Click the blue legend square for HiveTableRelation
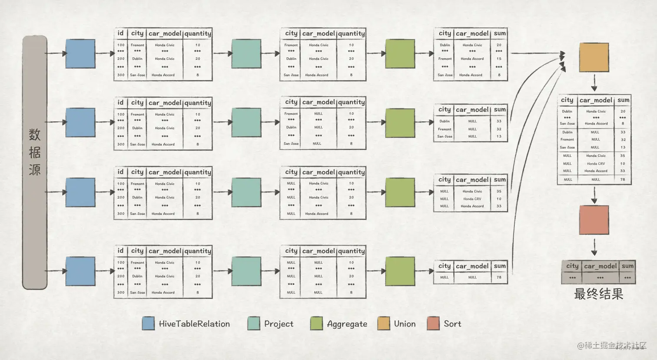(148, 324)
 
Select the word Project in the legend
(279, 324)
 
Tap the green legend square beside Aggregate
(316, 324)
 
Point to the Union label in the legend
(405, 324)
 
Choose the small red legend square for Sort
(433, 324)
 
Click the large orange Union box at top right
(594, 57)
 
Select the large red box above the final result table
(594, 220)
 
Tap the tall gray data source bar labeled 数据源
(35, 162)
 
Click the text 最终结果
(598, 294)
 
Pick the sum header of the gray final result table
(627, 266)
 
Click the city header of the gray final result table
(572, 266)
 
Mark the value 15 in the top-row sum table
(499, 59)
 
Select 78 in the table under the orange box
(623, 179)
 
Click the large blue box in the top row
(80, 53)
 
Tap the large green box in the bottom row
(400, 271)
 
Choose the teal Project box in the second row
(246, 122)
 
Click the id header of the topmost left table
(120, 33)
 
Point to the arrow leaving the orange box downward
(594, 82)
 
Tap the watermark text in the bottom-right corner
(611, 346)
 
